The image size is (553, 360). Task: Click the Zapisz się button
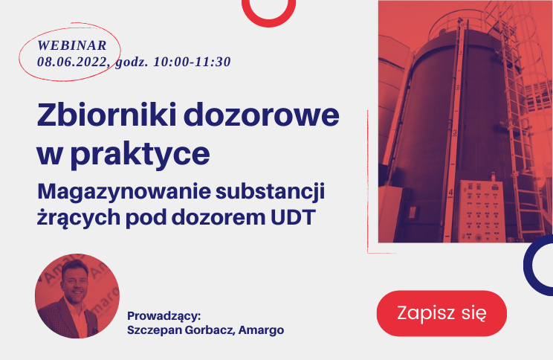coord(442,313)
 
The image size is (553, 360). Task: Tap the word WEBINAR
coord(72,45)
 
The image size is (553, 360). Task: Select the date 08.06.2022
coord(72,62)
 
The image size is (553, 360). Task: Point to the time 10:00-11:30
coord(193,62)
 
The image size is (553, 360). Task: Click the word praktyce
coord(140,155)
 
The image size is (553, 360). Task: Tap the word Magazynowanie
coord(124,193)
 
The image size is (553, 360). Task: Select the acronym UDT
coord(292,217)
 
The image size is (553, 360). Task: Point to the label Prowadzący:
coord(164,316)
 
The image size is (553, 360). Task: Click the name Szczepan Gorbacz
coord(180,330)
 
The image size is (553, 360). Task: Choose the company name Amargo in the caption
coord(261,330)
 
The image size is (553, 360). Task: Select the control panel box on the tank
coord(482,210)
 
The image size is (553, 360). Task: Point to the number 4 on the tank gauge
coord(450,193)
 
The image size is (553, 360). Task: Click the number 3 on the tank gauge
coord(455,132)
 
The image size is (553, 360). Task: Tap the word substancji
coord(270,193)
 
